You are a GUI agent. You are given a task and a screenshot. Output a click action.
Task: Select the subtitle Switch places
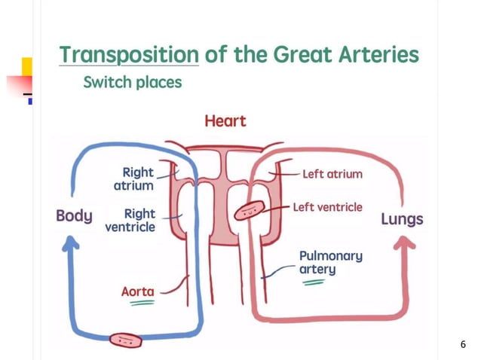coord(132,82)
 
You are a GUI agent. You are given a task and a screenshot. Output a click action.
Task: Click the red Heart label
coord(225,121)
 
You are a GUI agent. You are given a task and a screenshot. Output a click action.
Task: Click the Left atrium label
coord(332,174)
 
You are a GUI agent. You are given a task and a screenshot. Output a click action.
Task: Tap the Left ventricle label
coord(327,206)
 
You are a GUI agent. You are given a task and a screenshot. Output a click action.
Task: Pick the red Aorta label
coord(138,291)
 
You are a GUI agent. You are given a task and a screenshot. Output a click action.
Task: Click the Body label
coord(74,216)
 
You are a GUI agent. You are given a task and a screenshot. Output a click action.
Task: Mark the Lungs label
coord(401,220)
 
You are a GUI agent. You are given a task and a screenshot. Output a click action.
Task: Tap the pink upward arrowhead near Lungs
coord(404,246)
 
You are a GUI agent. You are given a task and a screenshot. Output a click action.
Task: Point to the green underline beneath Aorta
coord(139,303)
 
